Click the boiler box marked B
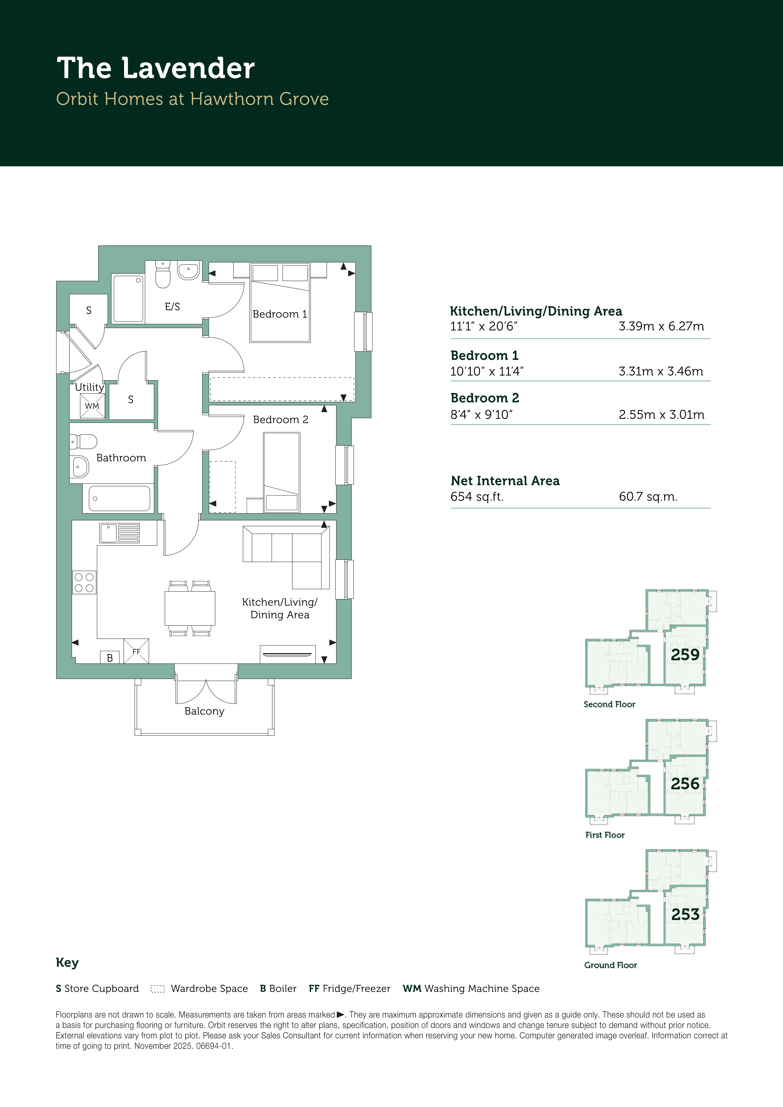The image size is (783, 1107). (110, 657)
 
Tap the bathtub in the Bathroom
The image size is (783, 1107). (119, 498)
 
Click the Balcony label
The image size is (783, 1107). (205, 711)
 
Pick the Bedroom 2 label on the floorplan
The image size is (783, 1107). (281, 420)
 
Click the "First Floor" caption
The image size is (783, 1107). (605, 835)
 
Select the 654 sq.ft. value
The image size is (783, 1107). (477, 497)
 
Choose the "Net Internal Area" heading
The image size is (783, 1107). (505, 481)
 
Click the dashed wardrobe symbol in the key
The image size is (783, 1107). (158, 989)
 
